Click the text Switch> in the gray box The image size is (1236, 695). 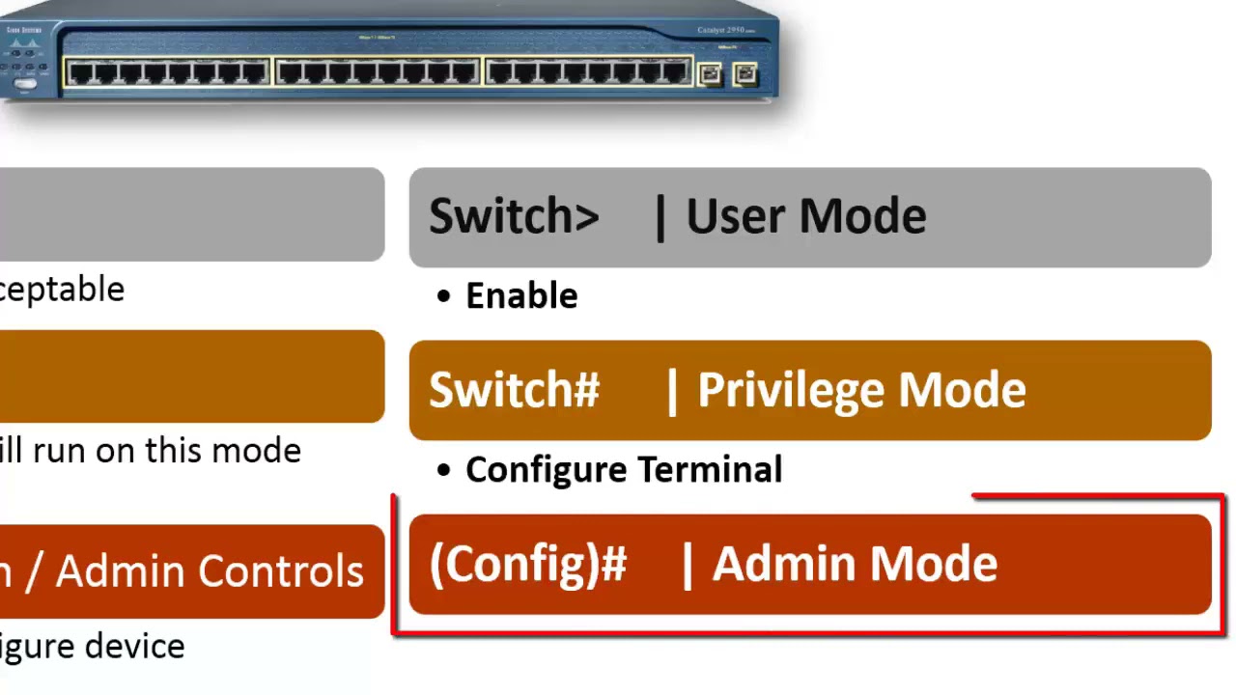[x=514, y=216]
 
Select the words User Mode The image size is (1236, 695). [x=805, y=216]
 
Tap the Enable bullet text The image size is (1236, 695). [x=521, y=296]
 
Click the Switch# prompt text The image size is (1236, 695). [x=514, y=390]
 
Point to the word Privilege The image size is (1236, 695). [x=792, y=390]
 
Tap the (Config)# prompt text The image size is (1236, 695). [x=528, y=564]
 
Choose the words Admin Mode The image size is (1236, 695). [x=855, y=564]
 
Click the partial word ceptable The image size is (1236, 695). [x=62, y=290]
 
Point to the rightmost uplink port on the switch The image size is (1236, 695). [x=744, y=73]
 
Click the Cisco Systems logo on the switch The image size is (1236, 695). [x=25, y=31]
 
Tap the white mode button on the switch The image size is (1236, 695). [x=26, y=84]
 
